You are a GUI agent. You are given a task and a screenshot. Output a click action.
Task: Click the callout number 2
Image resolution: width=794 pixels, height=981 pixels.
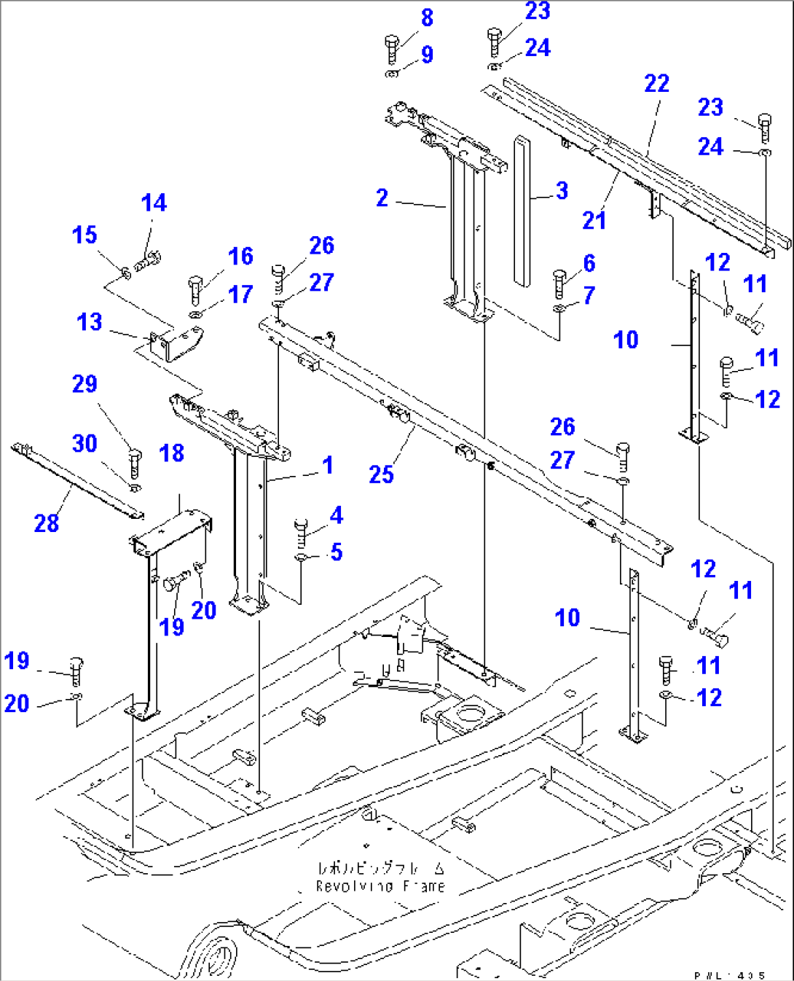pos(382,198)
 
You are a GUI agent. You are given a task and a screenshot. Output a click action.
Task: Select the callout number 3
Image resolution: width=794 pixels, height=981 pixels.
pos(562,191)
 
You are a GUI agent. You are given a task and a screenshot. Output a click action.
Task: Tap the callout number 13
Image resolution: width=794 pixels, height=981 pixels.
pos(90,322)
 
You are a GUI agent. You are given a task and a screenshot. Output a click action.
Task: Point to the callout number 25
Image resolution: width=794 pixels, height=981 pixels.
pos(381,474)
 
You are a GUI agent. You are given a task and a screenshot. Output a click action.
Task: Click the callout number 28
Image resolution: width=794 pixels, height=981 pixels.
pos(47,523)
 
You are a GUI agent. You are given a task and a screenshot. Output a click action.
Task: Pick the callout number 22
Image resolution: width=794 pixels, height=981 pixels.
pos(656,83)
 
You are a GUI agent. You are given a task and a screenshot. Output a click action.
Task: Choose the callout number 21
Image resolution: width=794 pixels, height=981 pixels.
pos(594,220)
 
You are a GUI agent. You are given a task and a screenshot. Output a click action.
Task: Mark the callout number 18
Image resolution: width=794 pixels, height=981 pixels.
pos(172,453)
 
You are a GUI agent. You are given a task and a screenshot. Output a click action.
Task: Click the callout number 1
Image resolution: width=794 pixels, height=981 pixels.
pos(328,465)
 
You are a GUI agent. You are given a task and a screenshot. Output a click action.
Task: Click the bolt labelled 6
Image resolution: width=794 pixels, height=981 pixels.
pos(559,283)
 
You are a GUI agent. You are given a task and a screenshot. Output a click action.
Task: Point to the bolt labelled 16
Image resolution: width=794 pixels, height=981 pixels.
pos(195,289)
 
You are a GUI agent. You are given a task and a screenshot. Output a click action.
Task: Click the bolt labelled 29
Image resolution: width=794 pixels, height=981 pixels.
pos(134,463)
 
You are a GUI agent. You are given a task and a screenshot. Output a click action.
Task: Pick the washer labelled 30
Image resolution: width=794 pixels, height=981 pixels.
pos(135,487)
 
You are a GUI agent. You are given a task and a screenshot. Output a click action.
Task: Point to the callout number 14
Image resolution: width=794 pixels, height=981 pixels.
pos(154,203)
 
